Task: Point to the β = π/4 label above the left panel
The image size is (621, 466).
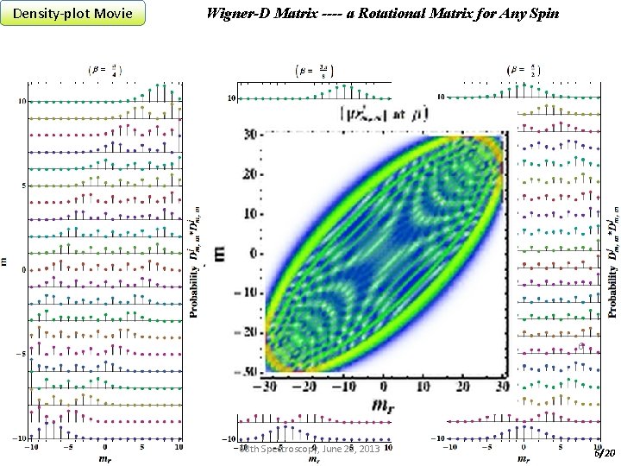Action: (x=104, y=68)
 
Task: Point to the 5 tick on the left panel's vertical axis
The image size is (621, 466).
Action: (x=23, y=186)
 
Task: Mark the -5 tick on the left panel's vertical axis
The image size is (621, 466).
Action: (x=20, y=354)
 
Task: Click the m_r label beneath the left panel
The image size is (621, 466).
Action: (x=104, y=459)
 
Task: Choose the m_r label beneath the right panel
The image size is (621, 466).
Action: (x=523, y=459)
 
